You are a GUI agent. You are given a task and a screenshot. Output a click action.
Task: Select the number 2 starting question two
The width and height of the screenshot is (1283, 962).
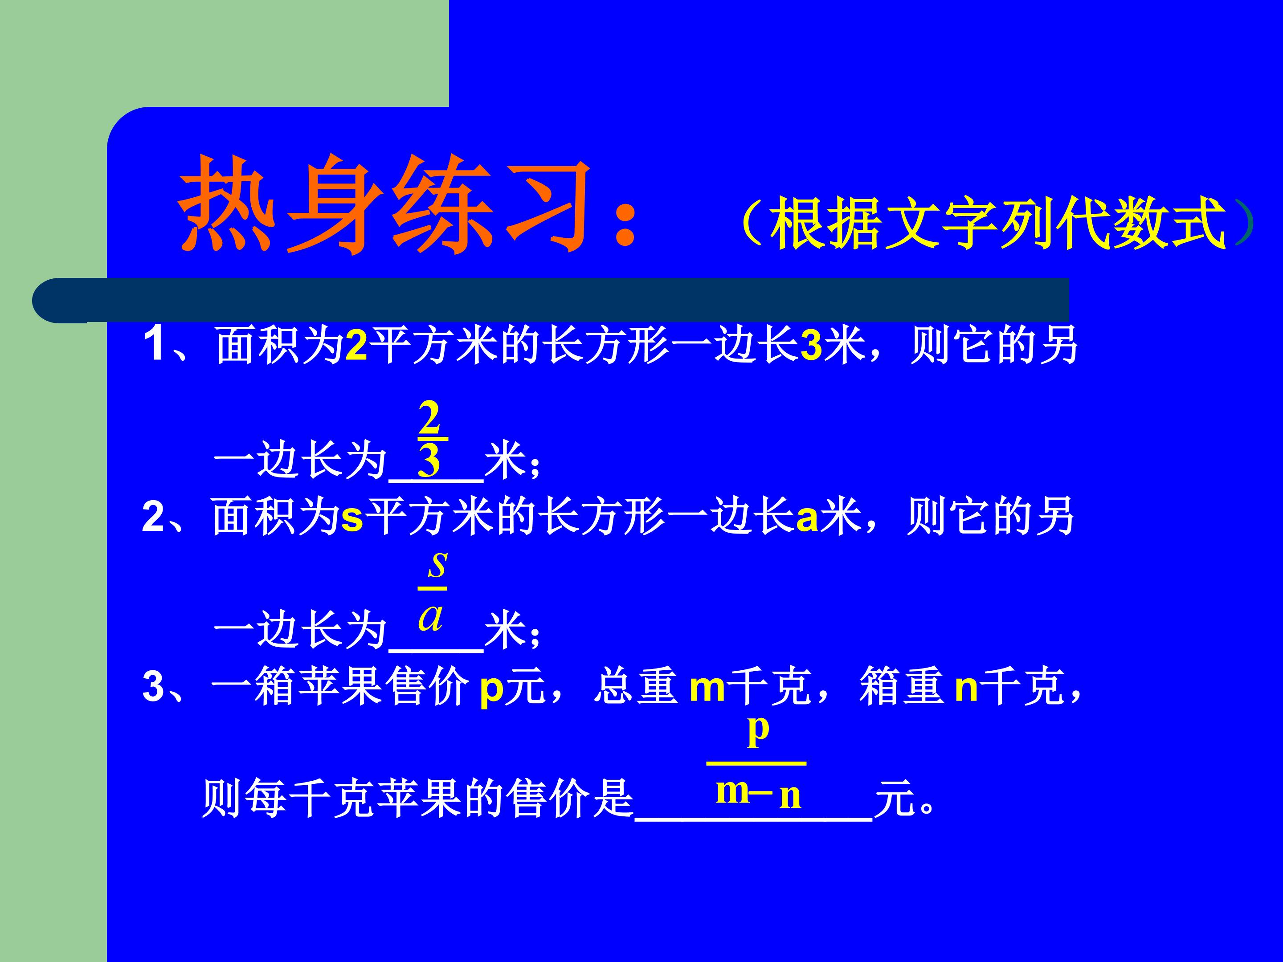(153, 516)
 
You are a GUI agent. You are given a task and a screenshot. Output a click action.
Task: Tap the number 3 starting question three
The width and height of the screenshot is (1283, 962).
(153, 687)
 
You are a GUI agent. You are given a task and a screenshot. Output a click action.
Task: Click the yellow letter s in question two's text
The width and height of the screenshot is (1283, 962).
(351, 518)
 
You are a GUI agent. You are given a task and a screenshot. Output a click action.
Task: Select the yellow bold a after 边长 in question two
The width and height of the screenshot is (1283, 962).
(807, 518)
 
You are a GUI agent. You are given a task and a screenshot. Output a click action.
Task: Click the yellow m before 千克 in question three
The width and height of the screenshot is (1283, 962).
(707, 688)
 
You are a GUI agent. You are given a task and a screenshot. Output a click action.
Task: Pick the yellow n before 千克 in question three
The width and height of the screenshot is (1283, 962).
(966, 688)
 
